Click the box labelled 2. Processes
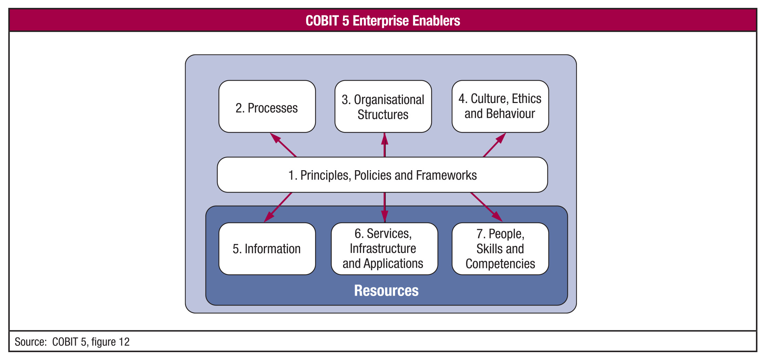267,106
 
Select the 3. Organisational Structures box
383,106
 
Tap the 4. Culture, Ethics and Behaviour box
500,106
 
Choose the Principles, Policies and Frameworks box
382,175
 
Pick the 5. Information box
267,249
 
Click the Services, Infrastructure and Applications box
384,249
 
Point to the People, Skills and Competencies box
500,249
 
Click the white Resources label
386,290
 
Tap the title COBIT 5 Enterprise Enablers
383,21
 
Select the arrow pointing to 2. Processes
283,145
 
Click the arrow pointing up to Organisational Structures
384,145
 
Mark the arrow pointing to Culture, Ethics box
494,145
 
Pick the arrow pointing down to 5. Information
278,207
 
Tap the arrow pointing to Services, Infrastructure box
384,207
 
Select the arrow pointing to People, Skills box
486,207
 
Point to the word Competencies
500,264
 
